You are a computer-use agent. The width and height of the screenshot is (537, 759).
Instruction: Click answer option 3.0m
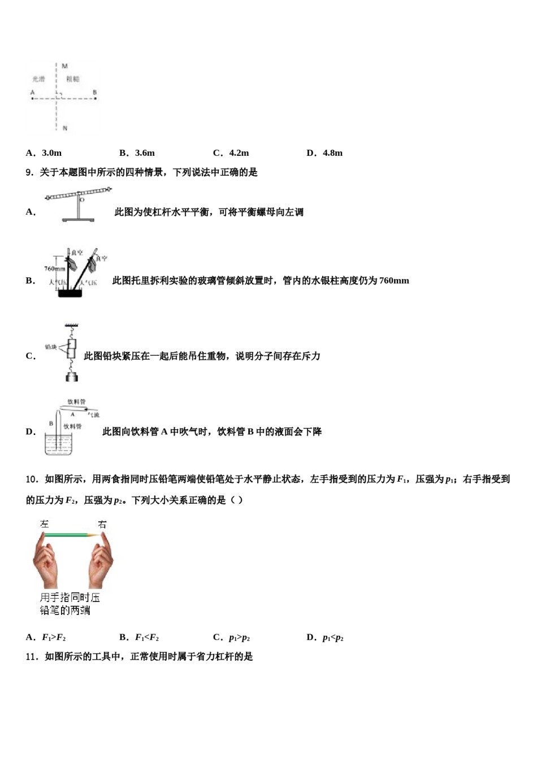[x=51, y=153]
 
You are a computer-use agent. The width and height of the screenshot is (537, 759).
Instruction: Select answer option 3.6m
[x=145, y=153]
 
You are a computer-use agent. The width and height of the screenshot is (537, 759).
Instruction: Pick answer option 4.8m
[x=332, y=153]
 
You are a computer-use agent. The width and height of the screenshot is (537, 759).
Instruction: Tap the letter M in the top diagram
[x=64, y=66]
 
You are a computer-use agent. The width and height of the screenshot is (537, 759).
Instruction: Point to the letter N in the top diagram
[x=64, y=128]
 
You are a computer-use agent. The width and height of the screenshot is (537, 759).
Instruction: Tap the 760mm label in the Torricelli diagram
[x=54, y=269]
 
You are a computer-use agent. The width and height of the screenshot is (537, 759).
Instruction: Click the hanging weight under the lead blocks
[x=72, y=376]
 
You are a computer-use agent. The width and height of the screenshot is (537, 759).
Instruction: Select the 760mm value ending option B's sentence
[x=394, y=281]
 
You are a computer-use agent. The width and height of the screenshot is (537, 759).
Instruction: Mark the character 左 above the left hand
[x=45, y=524]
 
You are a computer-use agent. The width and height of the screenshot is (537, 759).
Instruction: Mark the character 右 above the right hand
[x=102, y=524]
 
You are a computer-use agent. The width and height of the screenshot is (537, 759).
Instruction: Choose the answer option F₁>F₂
[x=54, y=638]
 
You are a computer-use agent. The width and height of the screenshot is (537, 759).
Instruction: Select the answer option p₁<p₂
[x=333, y=638]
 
